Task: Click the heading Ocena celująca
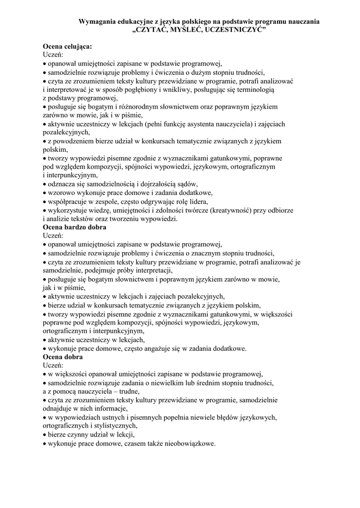click(67, 46)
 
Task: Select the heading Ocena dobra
click(63, 357)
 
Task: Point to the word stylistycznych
click(113, 426)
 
